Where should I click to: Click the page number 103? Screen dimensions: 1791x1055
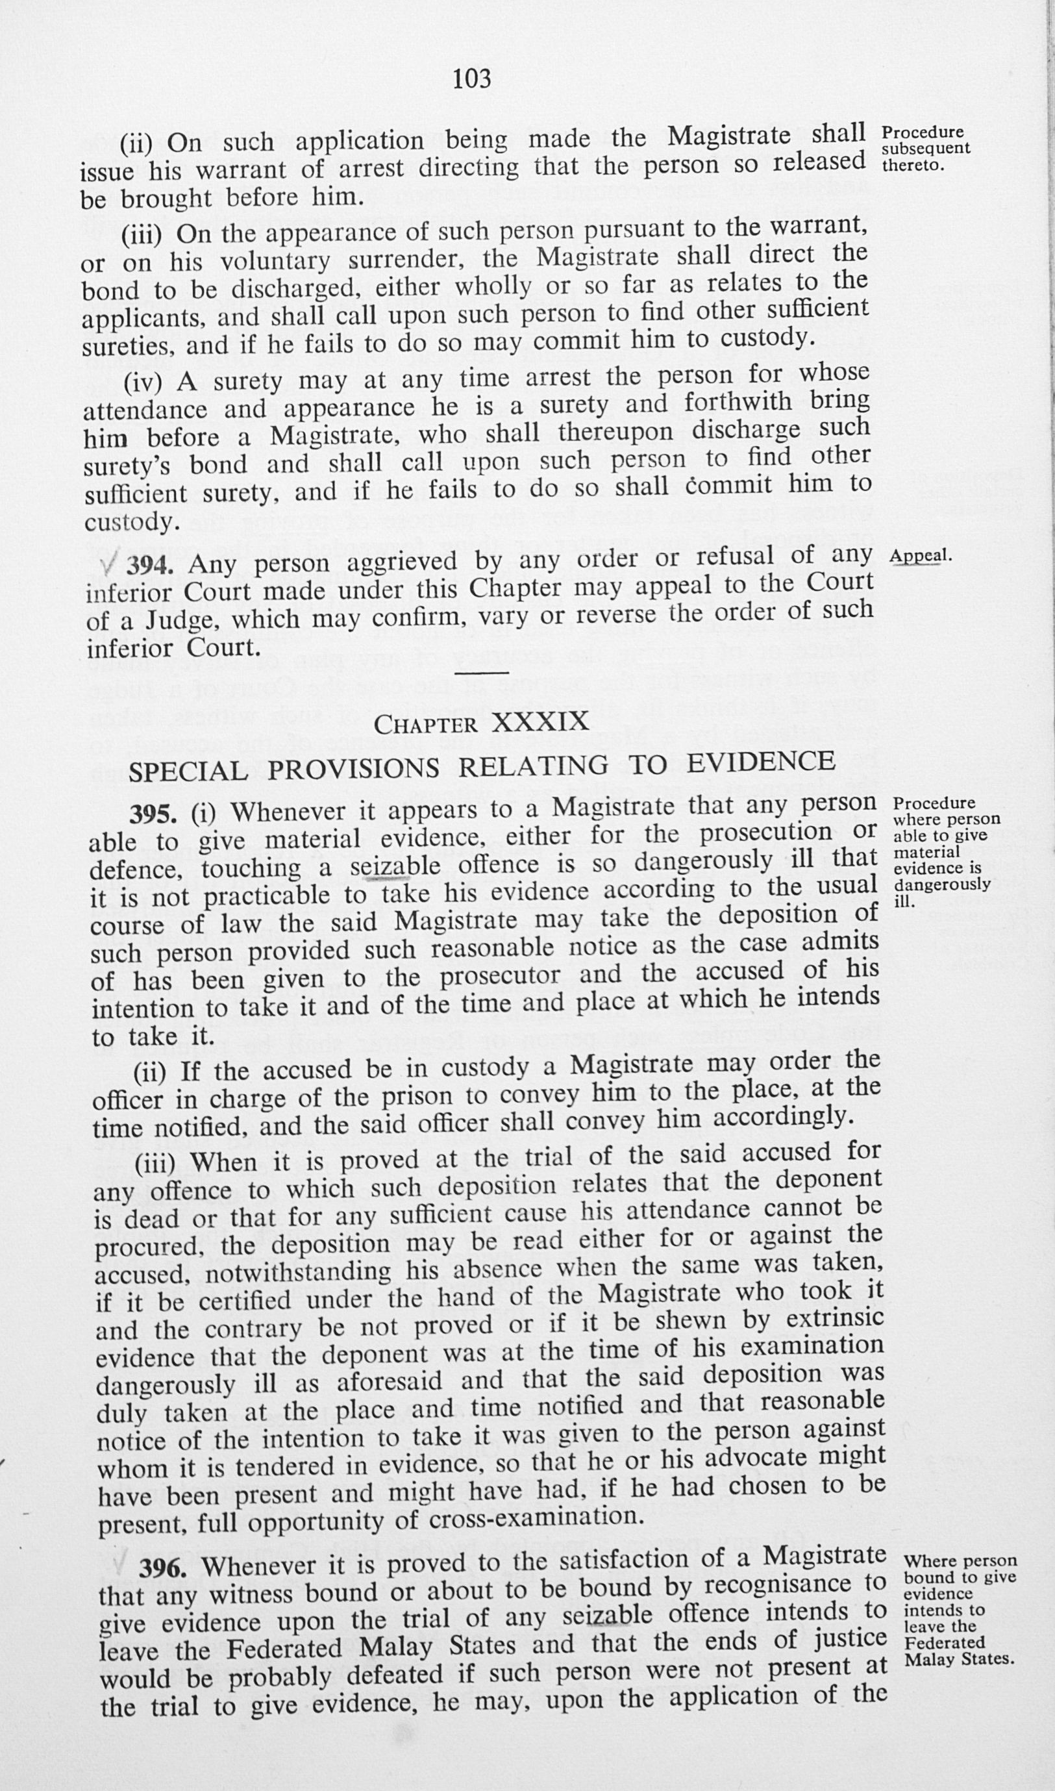click(472, 77)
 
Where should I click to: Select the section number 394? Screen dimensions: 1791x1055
click(149, 564)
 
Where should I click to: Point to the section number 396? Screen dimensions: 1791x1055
click(163, 1569)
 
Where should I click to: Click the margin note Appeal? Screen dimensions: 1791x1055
click(920, 555)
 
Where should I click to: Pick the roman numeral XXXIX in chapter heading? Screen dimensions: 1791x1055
click(540, 722)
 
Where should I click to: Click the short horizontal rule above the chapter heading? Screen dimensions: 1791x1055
click(481, 672)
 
